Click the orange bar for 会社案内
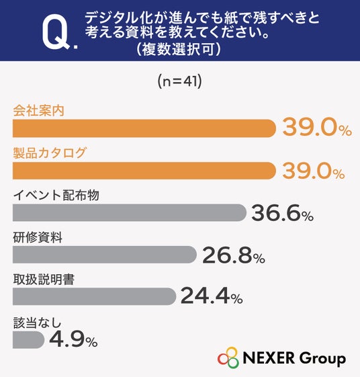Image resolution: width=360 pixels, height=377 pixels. click(144, 128)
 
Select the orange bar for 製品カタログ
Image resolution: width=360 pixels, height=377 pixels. click(144, 171)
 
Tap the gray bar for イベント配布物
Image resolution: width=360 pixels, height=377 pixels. click(130, 212)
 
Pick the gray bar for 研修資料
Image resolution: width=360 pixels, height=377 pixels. click(105, 255)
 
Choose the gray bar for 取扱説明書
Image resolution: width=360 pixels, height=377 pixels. click(94, 296)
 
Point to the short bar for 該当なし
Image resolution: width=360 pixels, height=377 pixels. click(28, 340)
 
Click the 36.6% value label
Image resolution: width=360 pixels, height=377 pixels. click(282, 213)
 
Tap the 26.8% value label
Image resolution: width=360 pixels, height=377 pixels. click(234, 255)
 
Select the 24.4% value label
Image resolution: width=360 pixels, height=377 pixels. click(212, 296)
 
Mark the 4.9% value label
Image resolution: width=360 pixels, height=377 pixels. click(73, 339)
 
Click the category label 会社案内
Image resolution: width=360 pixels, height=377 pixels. click(38, 111)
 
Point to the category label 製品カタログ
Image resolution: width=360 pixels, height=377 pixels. click(50, 153)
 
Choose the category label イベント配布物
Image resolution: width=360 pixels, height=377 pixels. click(56, 195)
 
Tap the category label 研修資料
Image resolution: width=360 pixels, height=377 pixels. click(38, 237)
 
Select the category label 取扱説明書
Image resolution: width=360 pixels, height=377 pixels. click(44, 280)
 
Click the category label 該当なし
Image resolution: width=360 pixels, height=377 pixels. click(37, 323)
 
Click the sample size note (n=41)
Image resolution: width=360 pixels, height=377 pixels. click(180, 81)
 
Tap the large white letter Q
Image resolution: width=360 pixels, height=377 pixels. click(56, 32)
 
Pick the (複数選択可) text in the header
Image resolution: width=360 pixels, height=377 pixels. click(178, 50)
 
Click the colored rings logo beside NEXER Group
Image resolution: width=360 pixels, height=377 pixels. click(228, 358)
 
